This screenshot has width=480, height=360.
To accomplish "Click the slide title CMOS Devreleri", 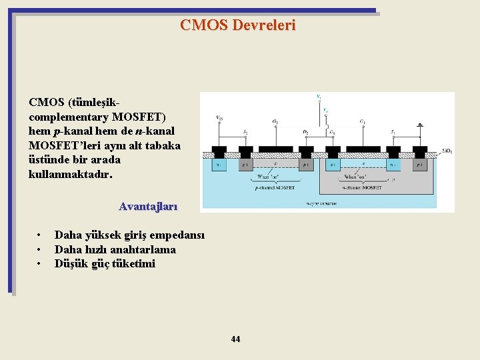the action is click(x=237, y=25).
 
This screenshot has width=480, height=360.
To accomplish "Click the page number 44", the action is click(x=235, y=339).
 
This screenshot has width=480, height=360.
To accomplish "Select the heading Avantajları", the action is click(x=148, y=206).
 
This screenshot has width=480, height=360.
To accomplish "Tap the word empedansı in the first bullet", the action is click(x=177, y=235).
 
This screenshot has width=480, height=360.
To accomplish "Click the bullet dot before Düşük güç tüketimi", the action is click(x=40, y=264).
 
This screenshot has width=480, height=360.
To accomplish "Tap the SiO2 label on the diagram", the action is click(x=447, y=151).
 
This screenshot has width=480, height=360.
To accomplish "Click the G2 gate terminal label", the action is click(x=275, y=122).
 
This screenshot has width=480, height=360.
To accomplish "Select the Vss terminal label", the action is click(x=219, y=118).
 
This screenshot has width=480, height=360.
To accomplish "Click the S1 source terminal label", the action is click(x=393, y=131).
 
